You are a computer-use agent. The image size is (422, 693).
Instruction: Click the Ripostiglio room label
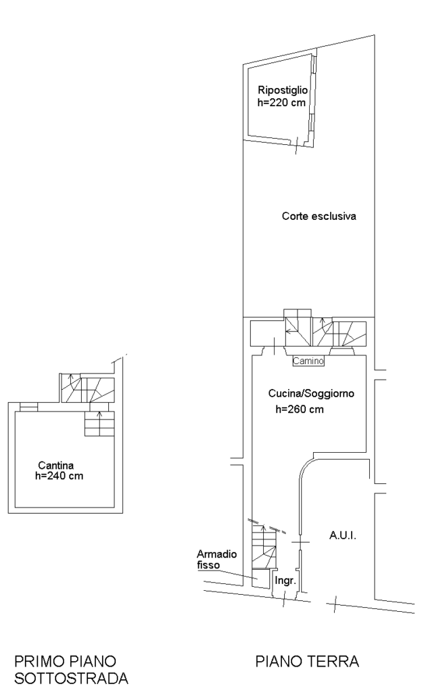point(283,90)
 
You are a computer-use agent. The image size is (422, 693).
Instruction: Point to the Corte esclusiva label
point(319,217)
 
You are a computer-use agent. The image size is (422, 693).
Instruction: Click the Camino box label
point(309,362)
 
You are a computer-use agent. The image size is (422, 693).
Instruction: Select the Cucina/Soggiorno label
point(311,393)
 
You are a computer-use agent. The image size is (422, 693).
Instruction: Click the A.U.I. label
point(342,535)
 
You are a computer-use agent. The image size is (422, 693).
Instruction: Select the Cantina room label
point(55,465)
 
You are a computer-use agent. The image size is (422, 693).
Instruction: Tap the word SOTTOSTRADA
point(66,677)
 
